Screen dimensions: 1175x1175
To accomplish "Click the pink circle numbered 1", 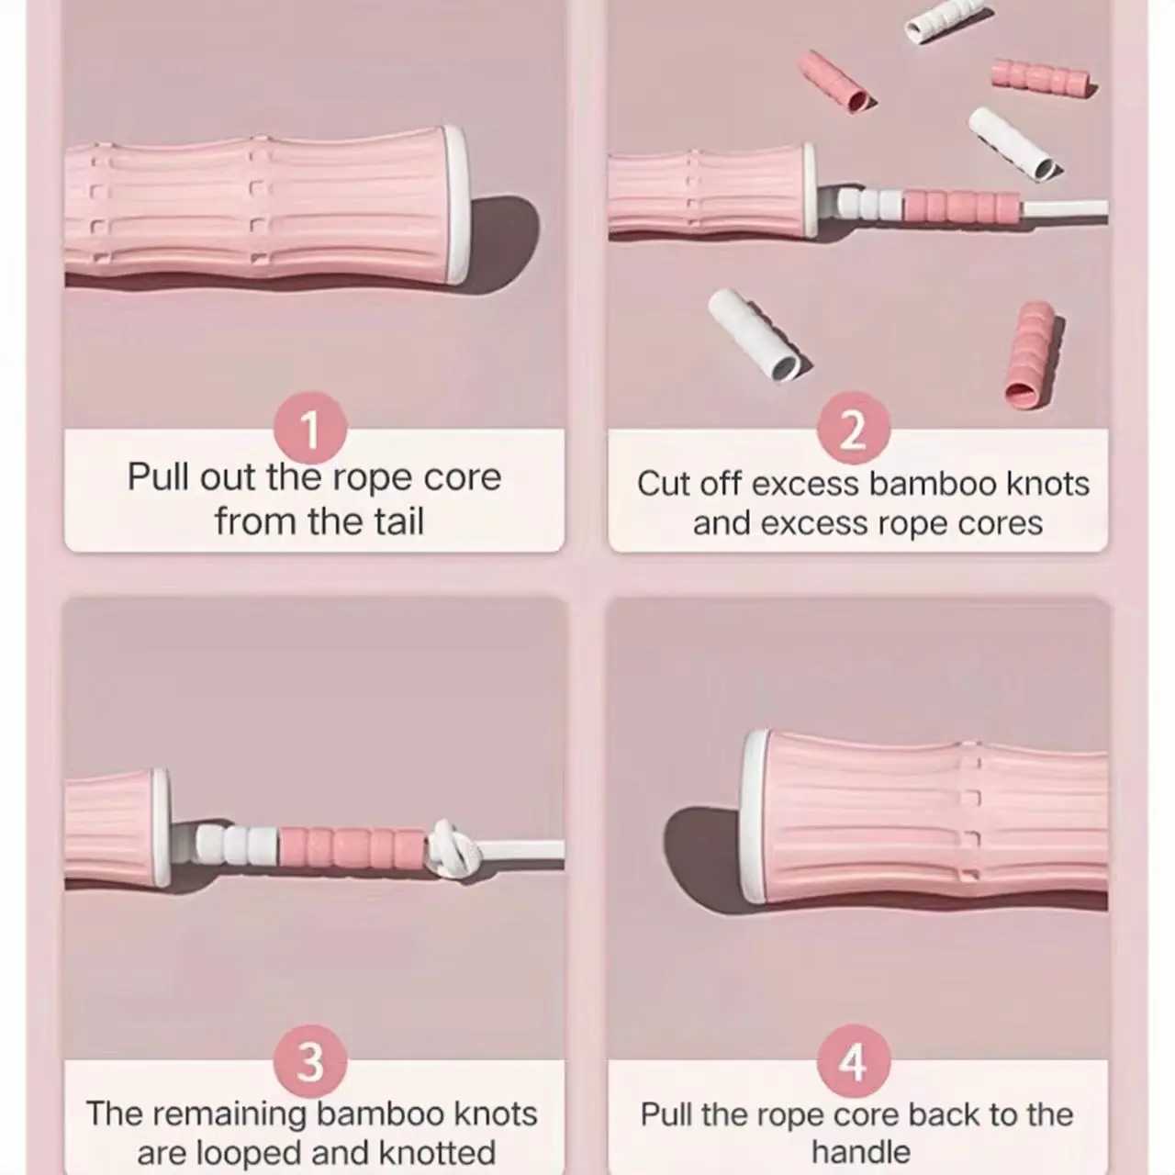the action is (310, 428).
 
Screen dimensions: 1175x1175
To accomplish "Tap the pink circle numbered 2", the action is (854, 428).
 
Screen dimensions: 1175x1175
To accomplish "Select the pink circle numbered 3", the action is (310, 1061).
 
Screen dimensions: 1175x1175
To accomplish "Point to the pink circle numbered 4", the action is (854, 1061).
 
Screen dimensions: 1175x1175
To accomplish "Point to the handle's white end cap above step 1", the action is (456, 205).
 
